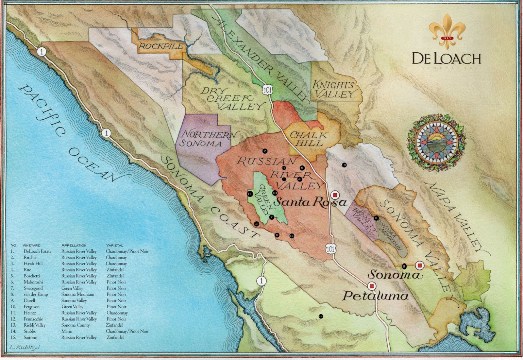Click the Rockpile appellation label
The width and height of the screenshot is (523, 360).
click(161, 46)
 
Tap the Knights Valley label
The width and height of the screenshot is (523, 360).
click(333, 90)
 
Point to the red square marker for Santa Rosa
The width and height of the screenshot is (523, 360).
click(335, 195)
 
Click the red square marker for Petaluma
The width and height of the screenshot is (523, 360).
click(371, 286)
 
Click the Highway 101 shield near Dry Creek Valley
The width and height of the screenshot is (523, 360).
click(266, 91)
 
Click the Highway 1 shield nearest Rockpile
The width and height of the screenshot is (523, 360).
click(42, 51)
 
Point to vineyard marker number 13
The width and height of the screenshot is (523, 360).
click(344, 165)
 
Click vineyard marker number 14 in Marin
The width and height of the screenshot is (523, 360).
click(321, 316)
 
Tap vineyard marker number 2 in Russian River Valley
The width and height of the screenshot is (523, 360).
click(265, 151)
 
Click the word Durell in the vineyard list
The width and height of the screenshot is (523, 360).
click(29, 300)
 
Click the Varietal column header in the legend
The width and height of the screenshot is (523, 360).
click(114, 245)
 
